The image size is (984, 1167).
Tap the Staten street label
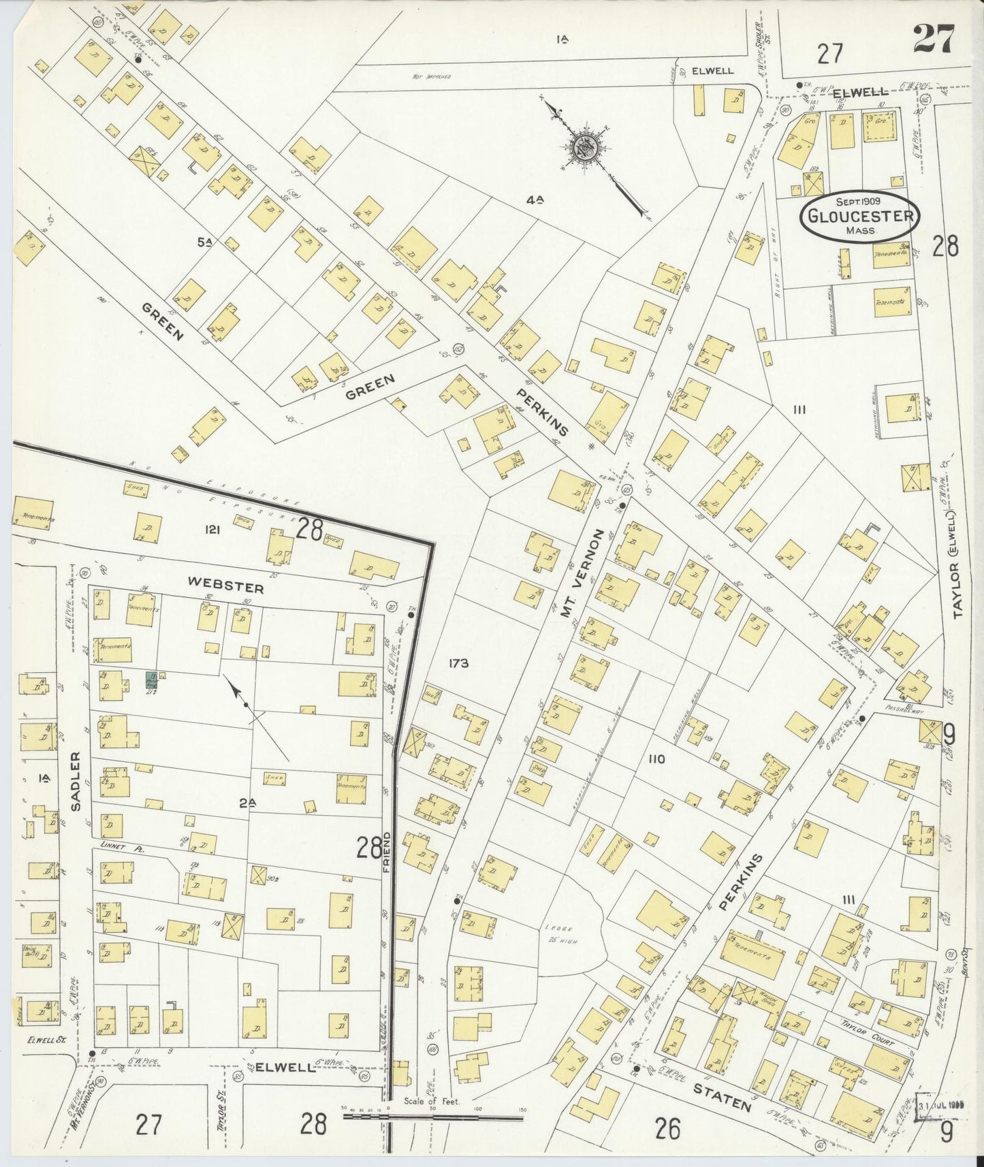(722, 1097)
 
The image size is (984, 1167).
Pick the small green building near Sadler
(151, 680)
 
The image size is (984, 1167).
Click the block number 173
(459, 662)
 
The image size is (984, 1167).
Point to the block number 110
(656, 759)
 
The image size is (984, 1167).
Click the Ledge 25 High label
(560, 933)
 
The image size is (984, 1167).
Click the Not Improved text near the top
(431, 77)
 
